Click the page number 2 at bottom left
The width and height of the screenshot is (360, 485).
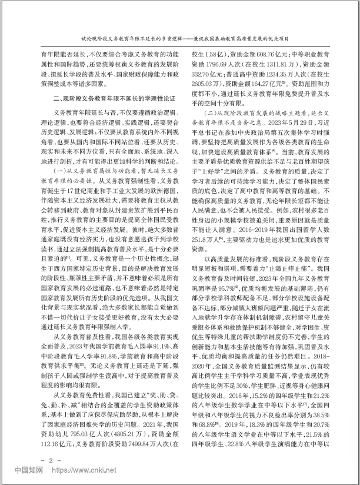point(51,457)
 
